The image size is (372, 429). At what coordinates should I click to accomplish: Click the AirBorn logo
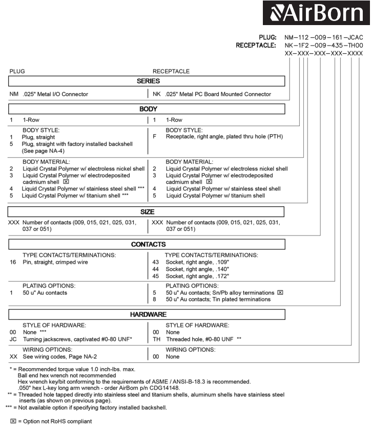click(316, 13)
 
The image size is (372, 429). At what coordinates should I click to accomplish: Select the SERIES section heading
click(148, 81)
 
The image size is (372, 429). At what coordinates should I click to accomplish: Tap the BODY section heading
click(148, 109)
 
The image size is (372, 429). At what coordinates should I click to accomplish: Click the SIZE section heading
click(148, 211)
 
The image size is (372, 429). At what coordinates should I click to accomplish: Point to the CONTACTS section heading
click(148, 245)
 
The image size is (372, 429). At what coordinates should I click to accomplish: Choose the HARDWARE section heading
click(148, 314)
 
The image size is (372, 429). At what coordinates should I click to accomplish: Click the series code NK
click(157, 94)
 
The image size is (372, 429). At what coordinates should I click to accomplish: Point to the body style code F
click(155, 137)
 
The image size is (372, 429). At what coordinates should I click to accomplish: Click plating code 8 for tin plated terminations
click(155, 299)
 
